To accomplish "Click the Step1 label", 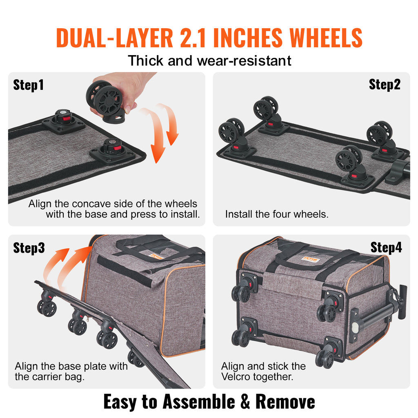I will click(x=28, y=85).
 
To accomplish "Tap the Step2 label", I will click(x=385, y=84).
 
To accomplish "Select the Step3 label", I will click(x=29, y=248).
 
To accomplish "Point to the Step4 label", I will click(x=386, y=247).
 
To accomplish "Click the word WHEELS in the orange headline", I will click(x=326, y=38).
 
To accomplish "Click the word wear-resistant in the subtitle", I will click(x=244, y=61).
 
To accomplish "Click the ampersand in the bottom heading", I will click(x=245, y=402).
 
